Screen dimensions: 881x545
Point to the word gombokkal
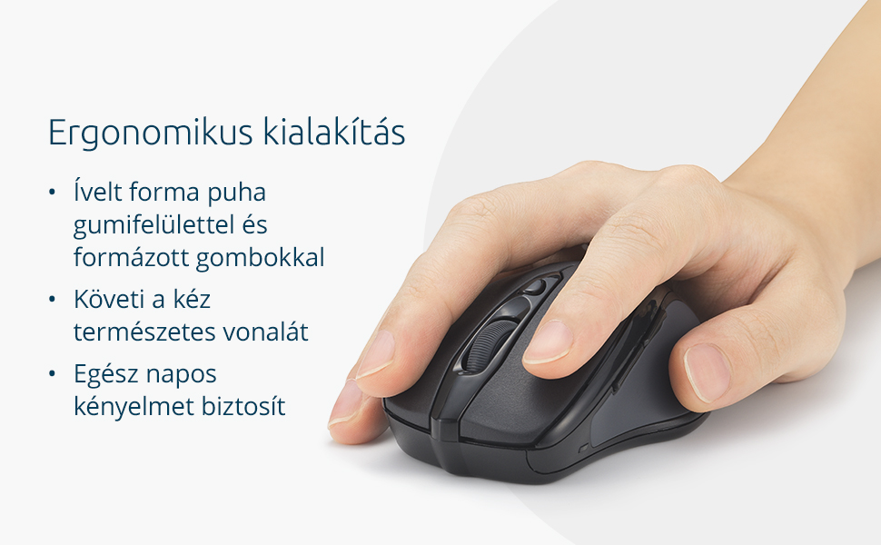[x=261, y=257]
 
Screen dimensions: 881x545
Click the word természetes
[x=144, y=332]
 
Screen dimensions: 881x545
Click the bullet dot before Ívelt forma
[x=53, y=193]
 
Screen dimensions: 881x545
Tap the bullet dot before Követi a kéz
[x=53, y=300]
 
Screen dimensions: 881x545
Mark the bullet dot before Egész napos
[x=53, y=373]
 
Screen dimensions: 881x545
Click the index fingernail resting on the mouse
[x=548, y=342]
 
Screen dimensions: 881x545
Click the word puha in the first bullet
[x=236, y=193]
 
